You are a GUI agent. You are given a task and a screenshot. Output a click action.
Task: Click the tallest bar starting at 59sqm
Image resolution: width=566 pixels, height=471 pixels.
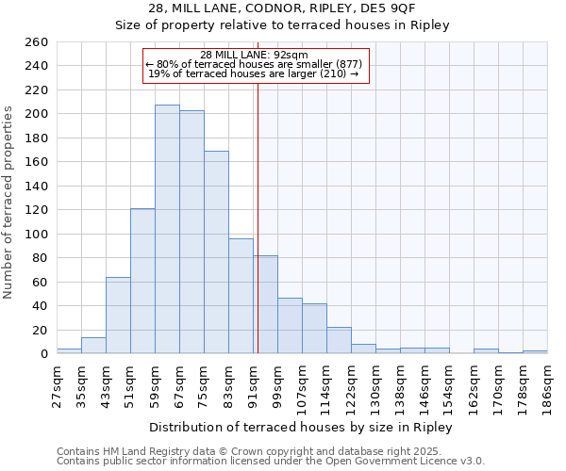tap(167, 229)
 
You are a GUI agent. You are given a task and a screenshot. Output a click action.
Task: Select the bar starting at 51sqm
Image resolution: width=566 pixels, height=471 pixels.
tap(142, 281)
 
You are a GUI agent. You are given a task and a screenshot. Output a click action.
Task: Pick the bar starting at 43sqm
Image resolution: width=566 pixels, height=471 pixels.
tap(118, 316)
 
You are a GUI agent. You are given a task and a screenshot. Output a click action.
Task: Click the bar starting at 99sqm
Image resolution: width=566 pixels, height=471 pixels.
tap(290, 326)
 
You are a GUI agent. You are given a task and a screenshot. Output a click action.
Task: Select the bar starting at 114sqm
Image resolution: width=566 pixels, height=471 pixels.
tap(339, 340)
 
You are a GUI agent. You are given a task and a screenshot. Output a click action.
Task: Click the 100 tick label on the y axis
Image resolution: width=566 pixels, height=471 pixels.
tap(38, 234)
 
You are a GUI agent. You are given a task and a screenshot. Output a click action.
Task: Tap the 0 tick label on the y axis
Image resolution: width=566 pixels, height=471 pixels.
tap(44, 354)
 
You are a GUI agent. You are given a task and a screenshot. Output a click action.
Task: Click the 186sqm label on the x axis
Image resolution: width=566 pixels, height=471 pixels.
tap(547, 383)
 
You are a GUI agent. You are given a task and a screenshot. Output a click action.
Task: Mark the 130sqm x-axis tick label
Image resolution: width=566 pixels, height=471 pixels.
tap(375, 383)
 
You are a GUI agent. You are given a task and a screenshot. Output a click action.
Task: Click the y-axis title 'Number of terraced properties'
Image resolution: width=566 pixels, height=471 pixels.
tap(8, 203)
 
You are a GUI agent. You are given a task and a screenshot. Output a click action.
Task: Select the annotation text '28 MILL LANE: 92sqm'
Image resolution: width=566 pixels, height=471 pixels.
tap(255, 55)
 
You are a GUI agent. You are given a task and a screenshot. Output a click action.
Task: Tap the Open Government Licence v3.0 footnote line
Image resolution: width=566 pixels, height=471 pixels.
tap(271, 461)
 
